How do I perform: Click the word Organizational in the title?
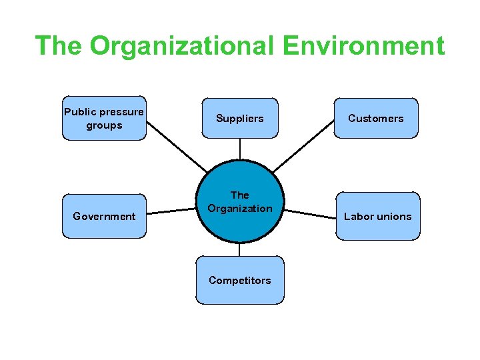coord(181,46)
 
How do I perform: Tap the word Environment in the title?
coord(363,46)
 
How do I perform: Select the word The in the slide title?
coord(59,46)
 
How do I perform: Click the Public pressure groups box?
coord(104,119)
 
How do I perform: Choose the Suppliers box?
coord(239,119)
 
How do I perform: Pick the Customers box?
coord(376,119)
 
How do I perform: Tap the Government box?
coord(104,216)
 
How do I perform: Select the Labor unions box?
coord(377,216)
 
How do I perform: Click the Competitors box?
coord(239,280)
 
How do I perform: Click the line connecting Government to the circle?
coord(171,212)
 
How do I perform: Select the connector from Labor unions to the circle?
coord(310,213)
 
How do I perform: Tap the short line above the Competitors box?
coord(239,249)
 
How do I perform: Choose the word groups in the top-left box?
coord(104,125)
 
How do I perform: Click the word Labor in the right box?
coord(359,216)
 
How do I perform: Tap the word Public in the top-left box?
coord(80,112)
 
